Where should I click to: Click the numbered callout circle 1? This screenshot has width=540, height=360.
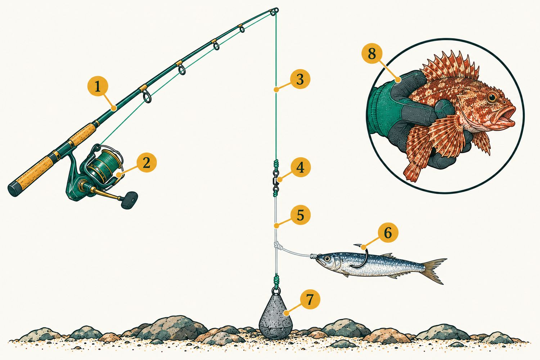98,86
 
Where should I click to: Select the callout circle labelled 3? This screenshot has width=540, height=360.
300,79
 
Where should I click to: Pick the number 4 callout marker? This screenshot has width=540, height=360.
300,168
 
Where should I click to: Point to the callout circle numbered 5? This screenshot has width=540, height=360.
300,215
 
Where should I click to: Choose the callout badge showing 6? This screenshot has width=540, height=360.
388,233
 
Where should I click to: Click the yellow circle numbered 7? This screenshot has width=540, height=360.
310,299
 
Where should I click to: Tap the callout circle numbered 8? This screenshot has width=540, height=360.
372,53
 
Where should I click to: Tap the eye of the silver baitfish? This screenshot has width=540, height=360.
327,259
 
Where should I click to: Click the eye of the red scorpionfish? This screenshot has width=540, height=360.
492,97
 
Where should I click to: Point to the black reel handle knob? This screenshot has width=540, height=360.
129,200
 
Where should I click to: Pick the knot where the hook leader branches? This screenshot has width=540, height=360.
277,246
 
